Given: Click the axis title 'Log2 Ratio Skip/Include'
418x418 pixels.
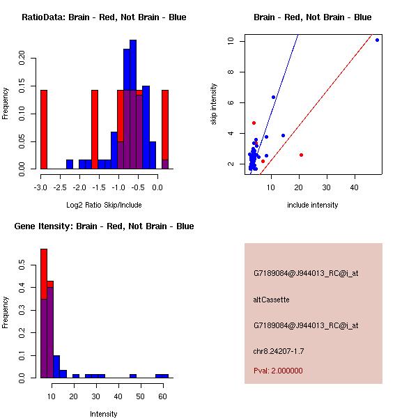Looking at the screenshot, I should [104, 205].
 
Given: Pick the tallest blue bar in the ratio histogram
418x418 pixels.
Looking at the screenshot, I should [133, 104].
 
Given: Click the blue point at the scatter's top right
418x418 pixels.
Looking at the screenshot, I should [377, 40].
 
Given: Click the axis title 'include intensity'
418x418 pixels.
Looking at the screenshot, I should [313, 205].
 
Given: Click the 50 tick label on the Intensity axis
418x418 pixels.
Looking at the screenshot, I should [141, 396].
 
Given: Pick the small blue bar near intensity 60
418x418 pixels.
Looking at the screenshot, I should [162, 376].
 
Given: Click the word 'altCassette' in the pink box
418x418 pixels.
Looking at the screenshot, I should [271, 300].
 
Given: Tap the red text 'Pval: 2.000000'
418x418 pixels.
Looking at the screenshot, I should [278, 371].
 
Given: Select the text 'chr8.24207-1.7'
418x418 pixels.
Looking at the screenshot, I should [278, 350].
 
